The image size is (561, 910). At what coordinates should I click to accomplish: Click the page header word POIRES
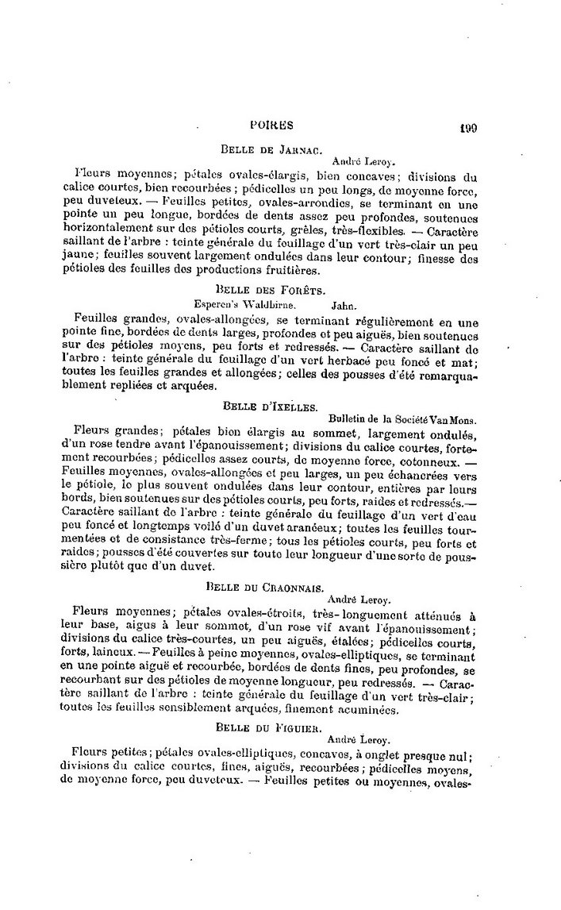[x=271, y=125]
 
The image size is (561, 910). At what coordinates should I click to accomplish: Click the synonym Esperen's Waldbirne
[x=245, y=303]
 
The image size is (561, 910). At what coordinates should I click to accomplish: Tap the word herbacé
[x=328, y=363]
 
